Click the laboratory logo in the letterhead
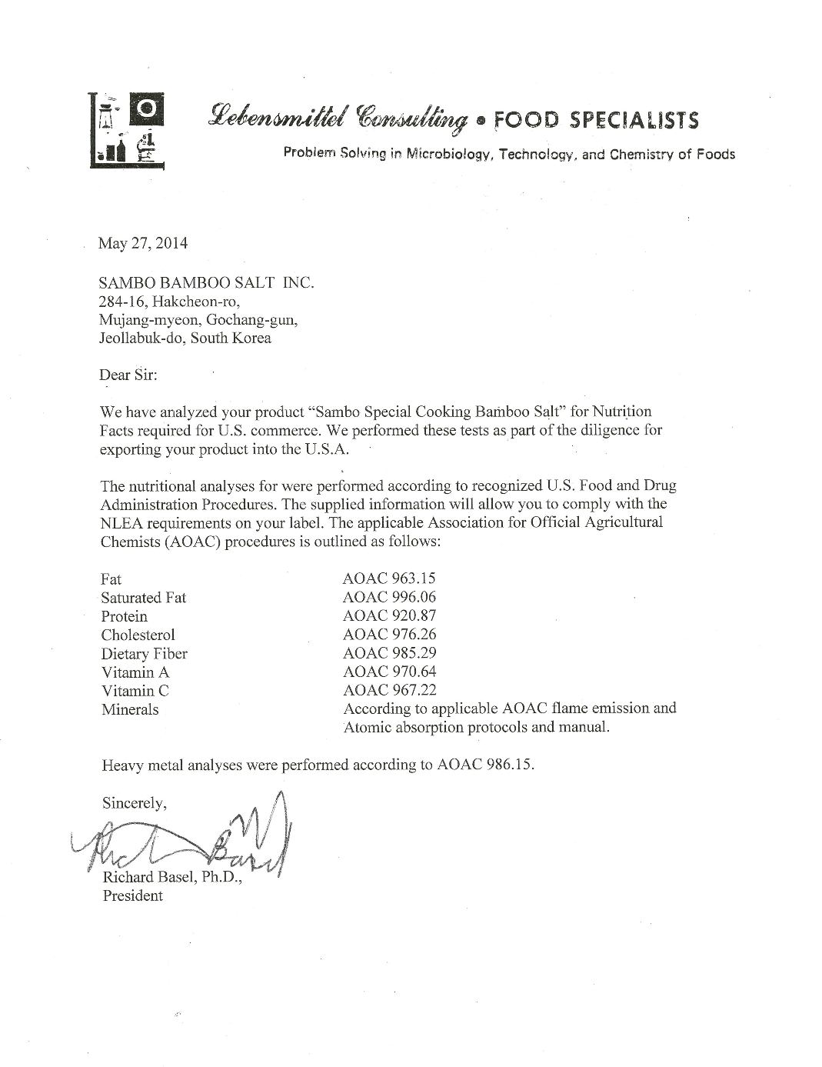127,128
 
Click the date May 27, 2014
142,244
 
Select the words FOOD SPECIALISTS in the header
596,120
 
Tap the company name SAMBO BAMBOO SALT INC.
207,283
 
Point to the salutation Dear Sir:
128,375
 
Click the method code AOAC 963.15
390,579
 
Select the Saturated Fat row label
144,598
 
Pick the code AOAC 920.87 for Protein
390,616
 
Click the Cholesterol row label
138,635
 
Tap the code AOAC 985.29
390,653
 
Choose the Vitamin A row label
135,672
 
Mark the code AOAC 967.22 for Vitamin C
390,691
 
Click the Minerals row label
130,709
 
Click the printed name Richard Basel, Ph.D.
172,877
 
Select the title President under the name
133,895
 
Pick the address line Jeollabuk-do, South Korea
185,338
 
